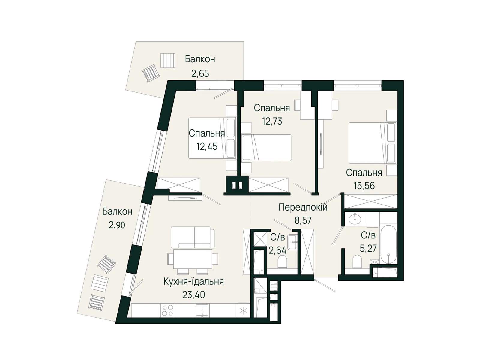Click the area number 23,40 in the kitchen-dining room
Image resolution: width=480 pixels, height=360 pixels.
click(193, 295)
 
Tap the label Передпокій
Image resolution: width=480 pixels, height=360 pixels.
click(303, 207)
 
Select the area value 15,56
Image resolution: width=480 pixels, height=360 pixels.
click(364, 186)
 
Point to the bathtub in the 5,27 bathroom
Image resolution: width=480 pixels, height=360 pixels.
click(388, 244)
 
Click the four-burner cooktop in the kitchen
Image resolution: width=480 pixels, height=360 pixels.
click(167, 310)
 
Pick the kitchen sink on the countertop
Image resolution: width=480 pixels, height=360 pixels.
click(202, 310)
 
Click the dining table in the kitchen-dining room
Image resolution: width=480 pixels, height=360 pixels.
click(193, 259)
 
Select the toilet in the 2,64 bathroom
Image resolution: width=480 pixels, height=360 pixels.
click(282, 262)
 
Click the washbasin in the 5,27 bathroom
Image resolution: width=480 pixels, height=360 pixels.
click(355, 219)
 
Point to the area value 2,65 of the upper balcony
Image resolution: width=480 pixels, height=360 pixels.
click(200, 73)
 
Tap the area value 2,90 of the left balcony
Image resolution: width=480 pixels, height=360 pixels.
click(117, 225)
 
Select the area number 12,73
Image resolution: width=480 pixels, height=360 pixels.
click(272, 121)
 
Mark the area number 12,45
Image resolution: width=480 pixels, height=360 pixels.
click(207, 146)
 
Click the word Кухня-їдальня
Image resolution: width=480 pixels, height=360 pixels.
click(193, 282)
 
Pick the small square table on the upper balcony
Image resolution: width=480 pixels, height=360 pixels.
click(168, 61)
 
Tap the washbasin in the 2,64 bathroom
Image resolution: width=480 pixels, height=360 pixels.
click(292, 242)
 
